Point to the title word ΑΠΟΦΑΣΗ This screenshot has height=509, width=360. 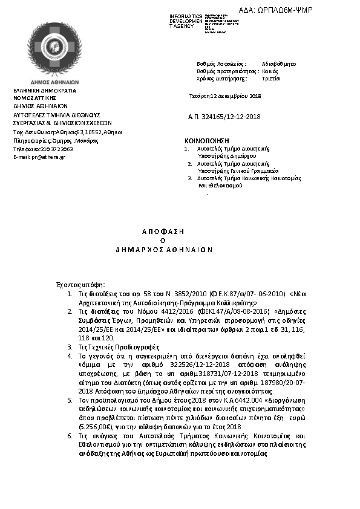[163, 231]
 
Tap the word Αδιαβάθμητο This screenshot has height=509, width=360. [279, 63]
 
